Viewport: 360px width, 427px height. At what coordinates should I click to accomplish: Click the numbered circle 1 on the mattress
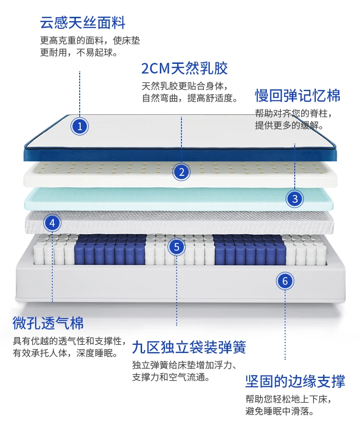click(x=80, y=126)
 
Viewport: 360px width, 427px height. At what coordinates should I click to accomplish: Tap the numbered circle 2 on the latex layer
click(x=181, y=172)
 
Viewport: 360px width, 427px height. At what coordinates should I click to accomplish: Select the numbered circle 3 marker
click(x=295, y=198)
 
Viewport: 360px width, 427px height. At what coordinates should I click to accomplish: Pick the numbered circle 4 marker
click(x=52, y=223)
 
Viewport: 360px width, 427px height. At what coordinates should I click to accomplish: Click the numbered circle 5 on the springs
click(x=177, y=247)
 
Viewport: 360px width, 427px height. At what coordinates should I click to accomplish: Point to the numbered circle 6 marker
click(x=285, y=281)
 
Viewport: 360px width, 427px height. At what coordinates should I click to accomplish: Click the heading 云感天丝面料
click(x=83, y=23)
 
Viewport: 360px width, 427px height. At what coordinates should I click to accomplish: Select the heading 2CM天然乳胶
click(x=184, y=68)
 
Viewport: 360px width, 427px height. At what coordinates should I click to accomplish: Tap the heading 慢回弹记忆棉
click(x=298, y=96)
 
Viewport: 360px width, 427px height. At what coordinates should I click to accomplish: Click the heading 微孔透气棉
click(x=48, y=323)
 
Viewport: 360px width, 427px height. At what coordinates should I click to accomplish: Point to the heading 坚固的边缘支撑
click(x=295, y=382)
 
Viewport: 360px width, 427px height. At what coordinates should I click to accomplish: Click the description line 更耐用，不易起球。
click(x=79, y=52)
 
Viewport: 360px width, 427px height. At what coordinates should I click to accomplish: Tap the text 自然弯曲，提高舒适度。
click(x=190, y=98)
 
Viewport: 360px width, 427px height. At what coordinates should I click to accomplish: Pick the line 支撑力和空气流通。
click(x=171, y=378)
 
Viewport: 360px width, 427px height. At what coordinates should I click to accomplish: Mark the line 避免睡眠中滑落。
click(x=279, y=412)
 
